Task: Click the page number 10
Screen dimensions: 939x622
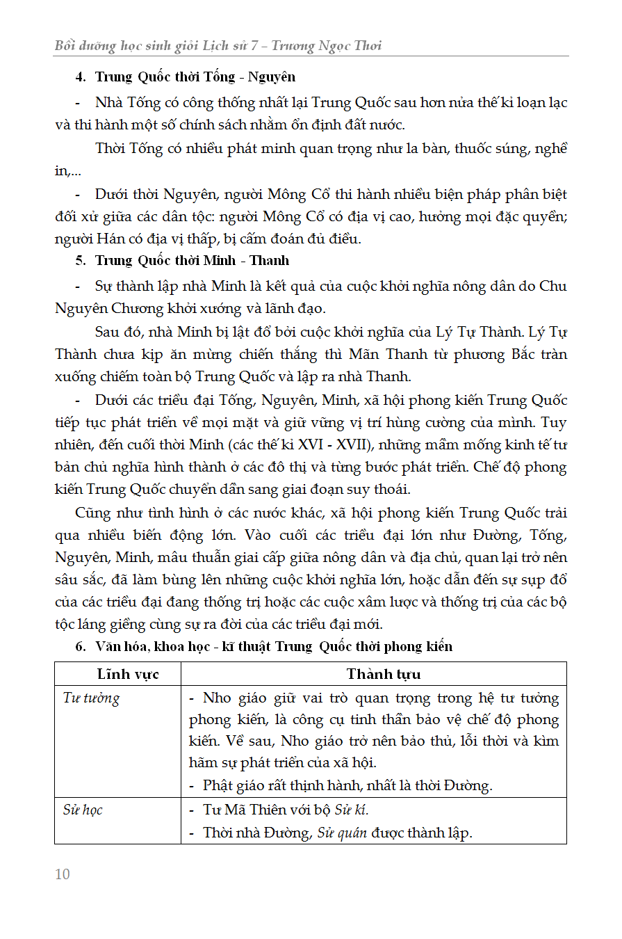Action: tap(63, 874)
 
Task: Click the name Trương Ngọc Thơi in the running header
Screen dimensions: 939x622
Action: tap(326, 46)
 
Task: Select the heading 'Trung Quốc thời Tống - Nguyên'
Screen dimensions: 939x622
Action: tap(195, 77)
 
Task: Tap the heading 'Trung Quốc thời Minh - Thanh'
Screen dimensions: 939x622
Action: tap(192, 261)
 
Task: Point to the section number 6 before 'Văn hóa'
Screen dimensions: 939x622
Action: tap(80, 646)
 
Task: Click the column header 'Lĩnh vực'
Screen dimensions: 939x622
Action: tap(128, 674)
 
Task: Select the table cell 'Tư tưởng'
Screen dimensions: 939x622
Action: tap(91, 698)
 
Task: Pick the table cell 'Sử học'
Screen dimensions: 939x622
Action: tap(83, 810)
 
